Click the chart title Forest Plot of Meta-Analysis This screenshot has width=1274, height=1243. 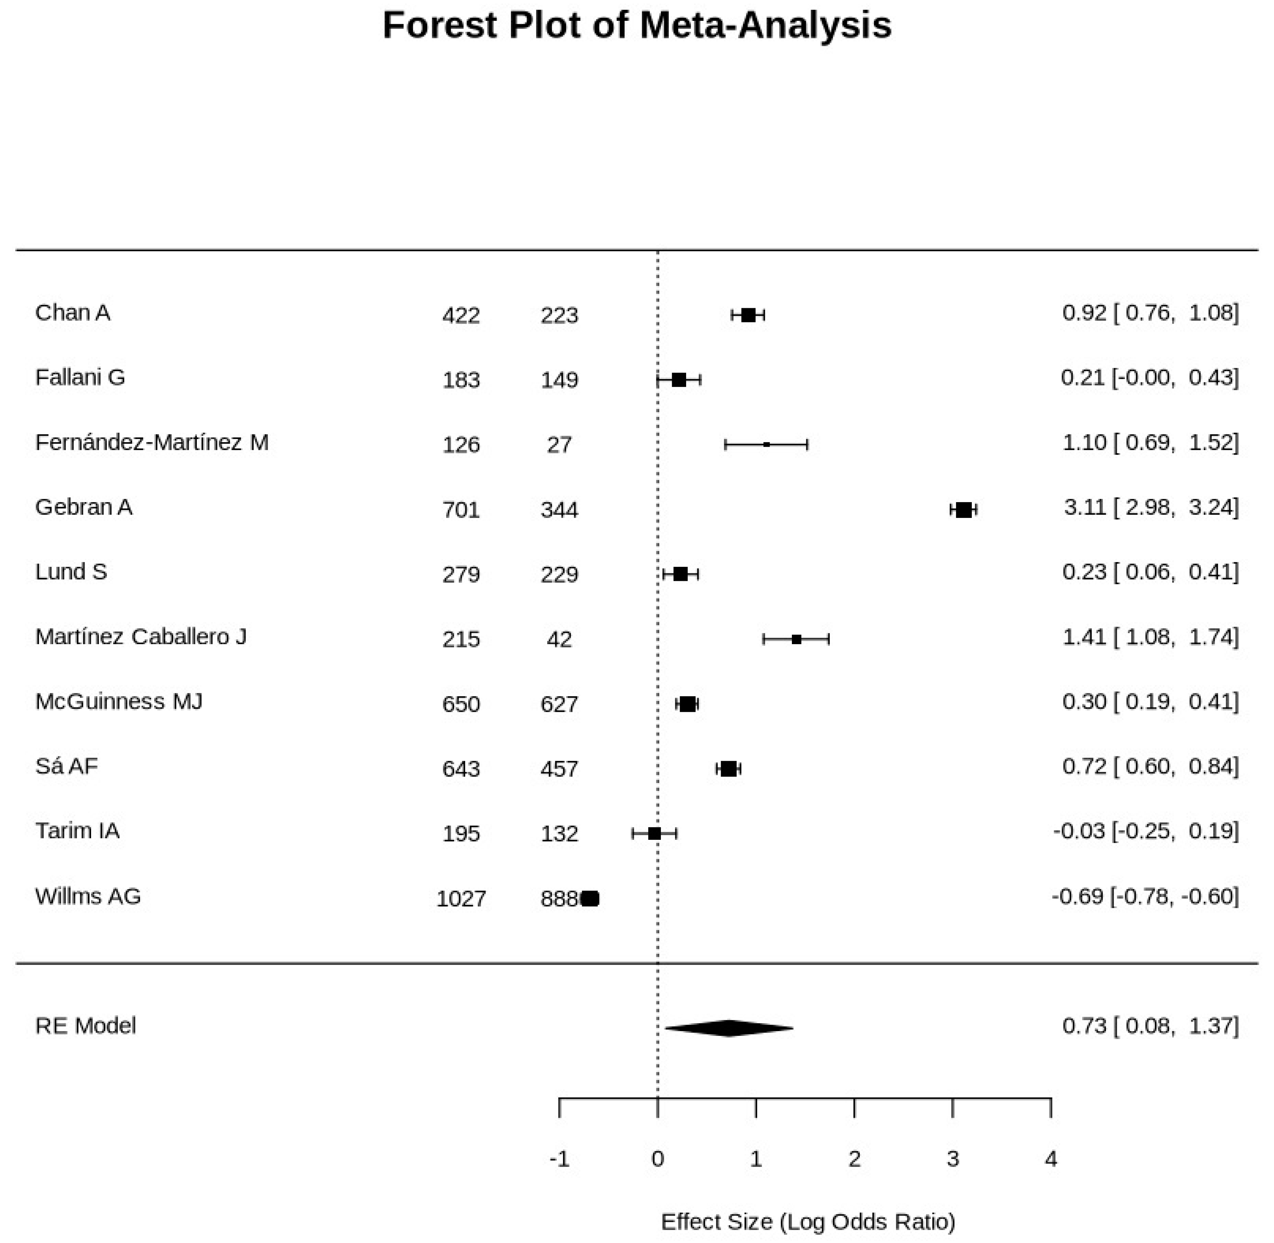637,26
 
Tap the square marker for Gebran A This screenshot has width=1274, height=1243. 963,510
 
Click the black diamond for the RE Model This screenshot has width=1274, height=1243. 729,1028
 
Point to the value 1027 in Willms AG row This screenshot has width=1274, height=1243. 461,899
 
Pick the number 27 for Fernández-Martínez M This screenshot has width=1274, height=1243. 559,445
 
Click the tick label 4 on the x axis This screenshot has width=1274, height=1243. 1051,1159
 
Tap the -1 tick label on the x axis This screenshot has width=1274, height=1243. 559,1159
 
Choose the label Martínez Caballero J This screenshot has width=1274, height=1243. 141,637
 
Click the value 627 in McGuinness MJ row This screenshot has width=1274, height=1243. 559,704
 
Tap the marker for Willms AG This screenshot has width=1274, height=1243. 590,899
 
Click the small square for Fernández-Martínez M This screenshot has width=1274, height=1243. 767,445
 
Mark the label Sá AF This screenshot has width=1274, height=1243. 67,766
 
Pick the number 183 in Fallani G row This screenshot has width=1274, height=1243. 461,380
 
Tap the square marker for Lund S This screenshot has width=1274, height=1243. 680,574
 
